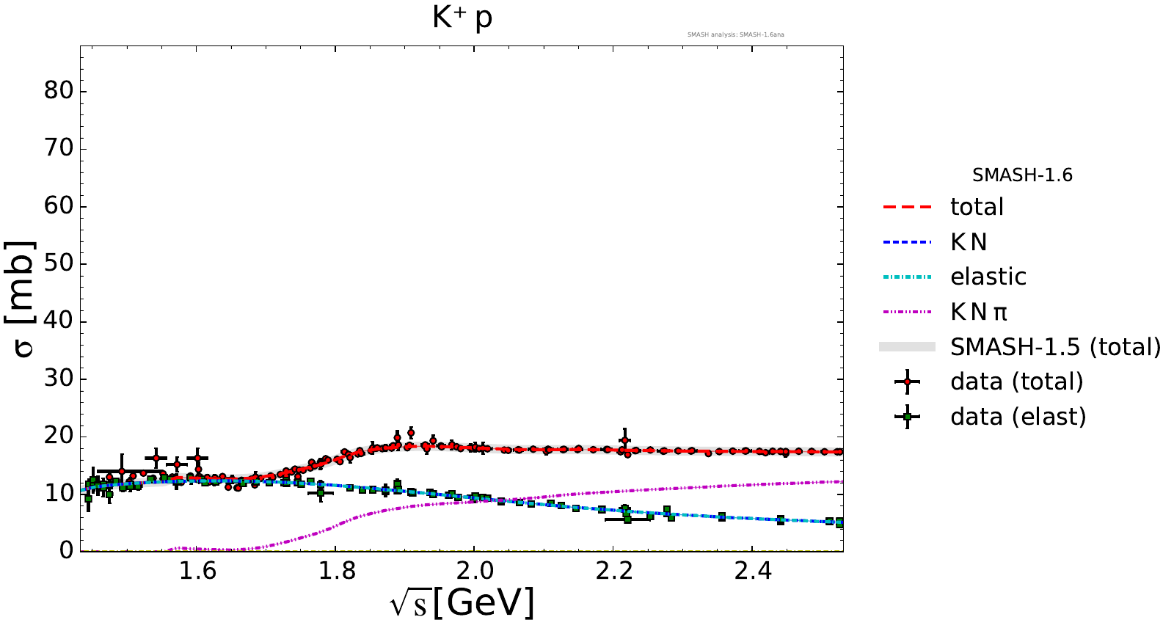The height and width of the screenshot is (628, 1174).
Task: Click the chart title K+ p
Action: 462,18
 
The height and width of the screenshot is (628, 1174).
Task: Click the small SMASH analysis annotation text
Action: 735,34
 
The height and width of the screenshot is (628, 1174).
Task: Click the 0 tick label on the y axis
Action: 66,550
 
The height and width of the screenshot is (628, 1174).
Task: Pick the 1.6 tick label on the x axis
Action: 197,571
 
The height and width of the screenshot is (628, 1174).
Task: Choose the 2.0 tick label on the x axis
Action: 474,571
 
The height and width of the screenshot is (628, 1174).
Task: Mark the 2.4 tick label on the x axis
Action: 753,571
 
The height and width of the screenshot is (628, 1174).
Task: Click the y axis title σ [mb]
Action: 23,299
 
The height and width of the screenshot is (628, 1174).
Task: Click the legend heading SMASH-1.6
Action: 1022,175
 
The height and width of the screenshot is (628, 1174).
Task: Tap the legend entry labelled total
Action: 977,207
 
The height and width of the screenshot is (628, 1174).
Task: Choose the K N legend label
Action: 969,242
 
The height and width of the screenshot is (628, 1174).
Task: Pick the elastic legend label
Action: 988,277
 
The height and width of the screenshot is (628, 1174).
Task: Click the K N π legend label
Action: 979,312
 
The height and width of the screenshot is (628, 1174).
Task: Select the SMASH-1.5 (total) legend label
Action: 1055,346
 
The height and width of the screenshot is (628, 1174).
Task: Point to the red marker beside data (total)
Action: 908,381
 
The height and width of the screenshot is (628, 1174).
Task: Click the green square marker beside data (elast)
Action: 908,417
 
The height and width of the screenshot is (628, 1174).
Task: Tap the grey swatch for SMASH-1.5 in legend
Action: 908,346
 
